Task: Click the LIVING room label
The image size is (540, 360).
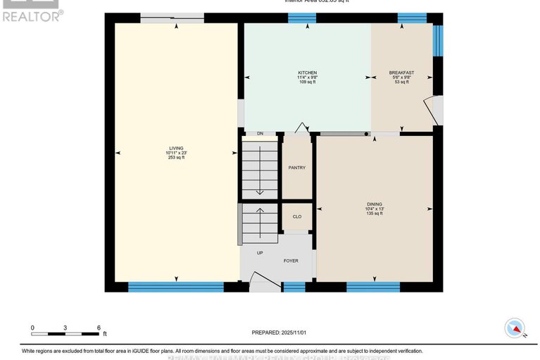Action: [176, 148]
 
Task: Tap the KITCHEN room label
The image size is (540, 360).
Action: [307, 73]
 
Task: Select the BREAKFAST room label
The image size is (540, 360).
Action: [402, 73]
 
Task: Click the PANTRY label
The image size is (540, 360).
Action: [296, 168]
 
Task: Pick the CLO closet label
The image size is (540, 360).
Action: [296, 216]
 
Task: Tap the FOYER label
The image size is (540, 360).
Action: [291, 261]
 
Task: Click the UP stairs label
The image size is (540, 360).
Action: [260, 253]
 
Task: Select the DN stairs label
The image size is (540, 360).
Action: [260, 133]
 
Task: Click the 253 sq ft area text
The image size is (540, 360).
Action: [176, 158]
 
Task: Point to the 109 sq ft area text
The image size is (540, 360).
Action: [307, 82]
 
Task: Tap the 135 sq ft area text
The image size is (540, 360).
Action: [373, 213]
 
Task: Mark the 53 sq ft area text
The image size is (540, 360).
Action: [402, 82]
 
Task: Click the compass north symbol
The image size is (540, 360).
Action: [515, 328]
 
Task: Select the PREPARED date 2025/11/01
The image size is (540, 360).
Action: [280, 333]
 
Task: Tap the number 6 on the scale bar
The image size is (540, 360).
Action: [99, 328]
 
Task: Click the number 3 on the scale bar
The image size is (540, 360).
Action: [65, 328]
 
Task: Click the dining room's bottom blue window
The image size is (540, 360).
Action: [373, 287]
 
